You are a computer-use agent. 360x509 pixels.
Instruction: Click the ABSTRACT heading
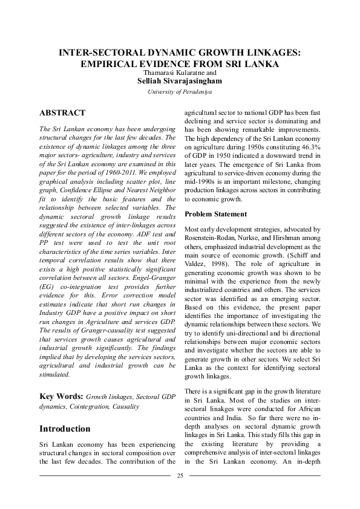[x=62, y=112]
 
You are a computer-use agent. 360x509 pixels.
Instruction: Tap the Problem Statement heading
[x=217, y=214]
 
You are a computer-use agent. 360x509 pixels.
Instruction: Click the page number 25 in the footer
[x=180, y=476]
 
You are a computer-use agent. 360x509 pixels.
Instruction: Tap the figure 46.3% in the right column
[x=307, y=146]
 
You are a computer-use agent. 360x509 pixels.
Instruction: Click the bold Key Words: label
[x=61, y=397]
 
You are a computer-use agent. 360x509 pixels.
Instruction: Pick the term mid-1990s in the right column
[x=200, y=180]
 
